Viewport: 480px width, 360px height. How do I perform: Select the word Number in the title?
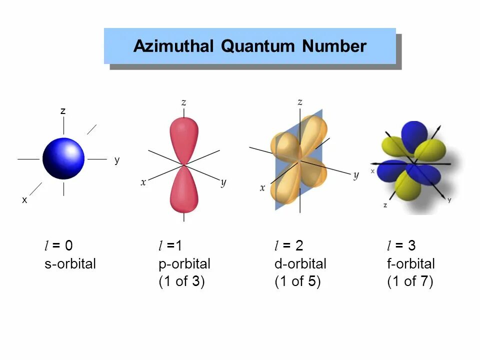coord(334,46)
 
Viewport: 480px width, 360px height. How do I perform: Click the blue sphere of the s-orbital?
coord(63,158)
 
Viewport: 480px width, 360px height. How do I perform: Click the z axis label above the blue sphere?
coord(63,111)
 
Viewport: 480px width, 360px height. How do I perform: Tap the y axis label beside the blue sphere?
coord(117,160)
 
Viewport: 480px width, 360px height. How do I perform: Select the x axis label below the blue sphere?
coord(24,199)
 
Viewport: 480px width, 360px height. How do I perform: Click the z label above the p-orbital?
coord(184,102)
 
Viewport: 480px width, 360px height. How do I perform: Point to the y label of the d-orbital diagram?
coord(356,175)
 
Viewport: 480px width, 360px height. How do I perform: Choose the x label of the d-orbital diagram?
coord(262,188)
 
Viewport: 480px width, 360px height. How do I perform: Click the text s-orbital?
coord(70,263)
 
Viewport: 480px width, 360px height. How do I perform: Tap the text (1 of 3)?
coord(181,281)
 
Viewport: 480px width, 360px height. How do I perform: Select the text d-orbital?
coord(300,263)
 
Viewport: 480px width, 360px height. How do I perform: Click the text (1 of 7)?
coord(410,281)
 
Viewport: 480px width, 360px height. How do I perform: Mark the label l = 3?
coord(401,245)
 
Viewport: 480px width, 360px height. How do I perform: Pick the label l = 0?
coord(58,245)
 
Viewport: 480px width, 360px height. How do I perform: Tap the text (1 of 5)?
coord(297,281)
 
